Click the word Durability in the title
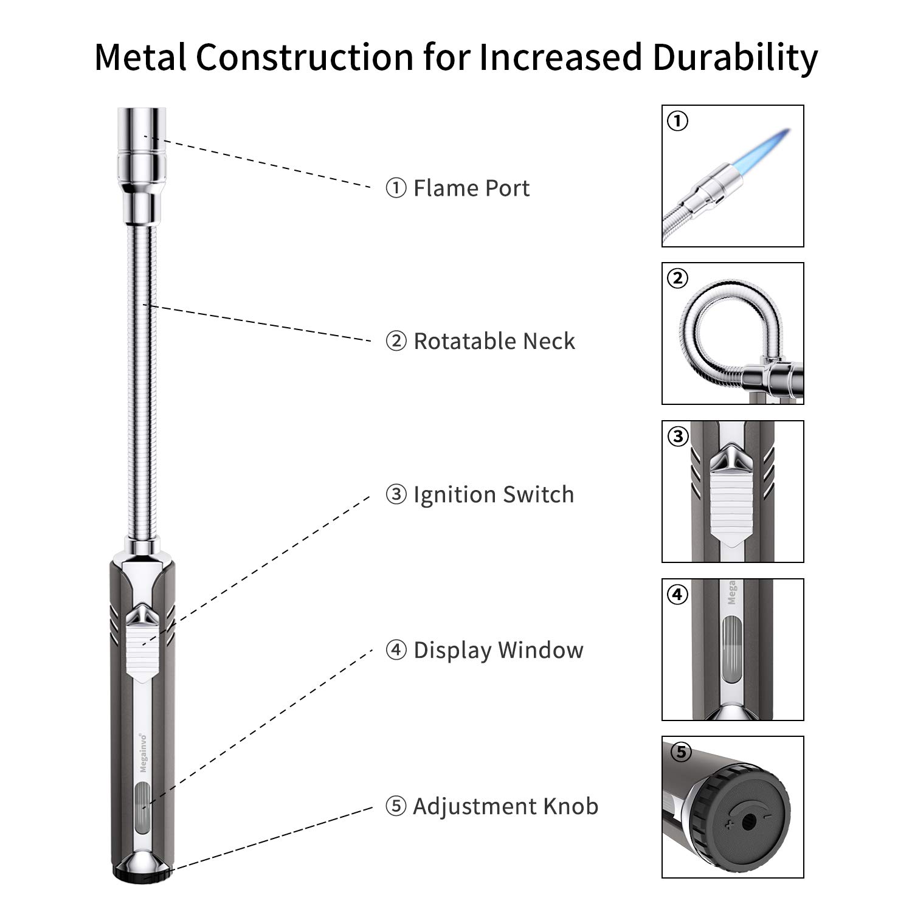[x=735, y=58]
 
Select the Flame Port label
[x=458, y=188]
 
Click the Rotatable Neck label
[x=480, y=341]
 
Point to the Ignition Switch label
[x=480, y=495]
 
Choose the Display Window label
[x=485, y=650]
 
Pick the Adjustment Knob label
[x=492, y=806]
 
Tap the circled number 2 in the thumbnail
[x=677, y=278]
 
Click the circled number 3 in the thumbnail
[x=677, y=436]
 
